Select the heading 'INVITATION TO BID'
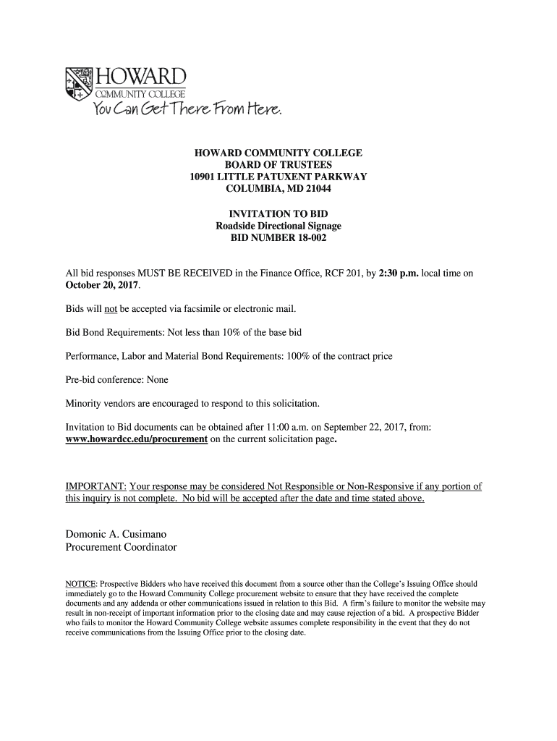pyautogui.click(x=278, y=214)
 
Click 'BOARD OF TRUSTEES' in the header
pyautogui.click(x=278, y=166)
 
